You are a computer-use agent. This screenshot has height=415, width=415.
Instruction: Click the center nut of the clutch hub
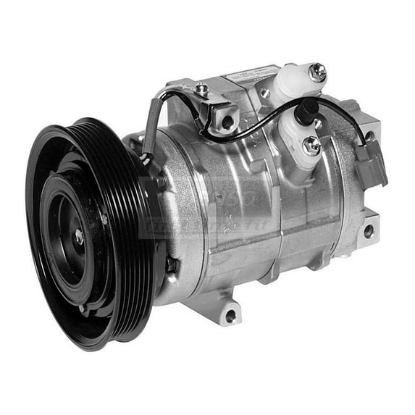tap(78, 236)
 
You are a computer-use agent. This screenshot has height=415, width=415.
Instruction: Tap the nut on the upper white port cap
tap(317, 71)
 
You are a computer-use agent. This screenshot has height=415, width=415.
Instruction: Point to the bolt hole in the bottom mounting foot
tap(230, 316)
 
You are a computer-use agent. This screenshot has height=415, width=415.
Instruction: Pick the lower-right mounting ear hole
tap(368, 231)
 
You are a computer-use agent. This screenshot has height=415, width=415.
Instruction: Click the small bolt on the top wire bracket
tap(202, 90)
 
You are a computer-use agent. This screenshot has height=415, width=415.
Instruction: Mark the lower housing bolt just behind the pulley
tap(171, 264)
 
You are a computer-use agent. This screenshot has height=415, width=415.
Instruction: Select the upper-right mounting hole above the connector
tap(370, 135)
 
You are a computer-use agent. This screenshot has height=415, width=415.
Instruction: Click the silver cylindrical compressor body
tap(239, 217)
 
